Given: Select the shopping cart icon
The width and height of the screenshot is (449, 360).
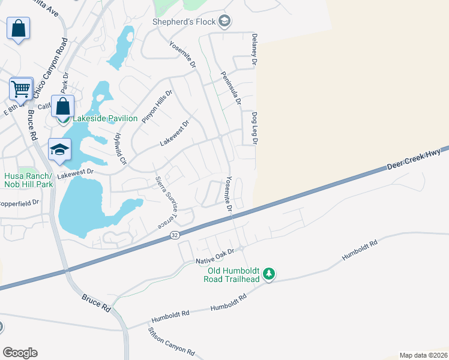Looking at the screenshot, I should click(x=21, y=89).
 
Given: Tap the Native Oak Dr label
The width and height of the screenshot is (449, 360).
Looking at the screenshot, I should click(x=215, y=261).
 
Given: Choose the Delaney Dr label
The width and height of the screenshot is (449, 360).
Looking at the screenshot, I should click(x=254, y=50).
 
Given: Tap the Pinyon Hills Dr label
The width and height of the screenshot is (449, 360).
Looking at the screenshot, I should click(x=157, y=106).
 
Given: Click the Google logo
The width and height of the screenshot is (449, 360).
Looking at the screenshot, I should click(x=20, y=353).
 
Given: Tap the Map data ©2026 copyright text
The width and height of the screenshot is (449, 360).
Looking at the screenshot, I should click(x=423, y=355).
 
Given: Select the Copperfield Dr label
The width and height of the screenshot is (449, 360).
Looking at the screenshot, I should click(x=18, y=203).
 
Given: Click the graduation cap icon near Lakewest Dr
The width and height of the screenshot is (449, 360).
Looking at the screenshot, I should click(x=59, y=150).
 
